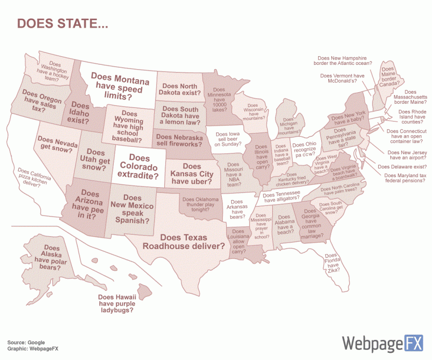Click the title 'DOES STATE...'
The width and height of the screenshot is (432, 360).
point(62,24)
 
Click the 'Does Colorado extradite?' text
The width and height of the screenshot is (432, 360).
point(139,167)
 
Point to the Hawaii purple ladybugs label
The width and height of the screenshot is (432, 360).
point(117,304)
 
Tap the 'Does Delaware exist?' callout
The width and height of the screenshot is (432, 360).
point(402,167)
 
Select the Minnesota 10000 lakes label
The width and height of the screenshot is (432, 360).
point(219,99)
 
